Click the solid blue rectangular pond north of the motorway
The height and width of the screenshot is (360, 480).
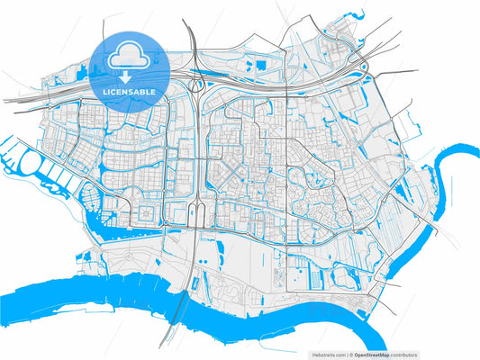262,65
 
